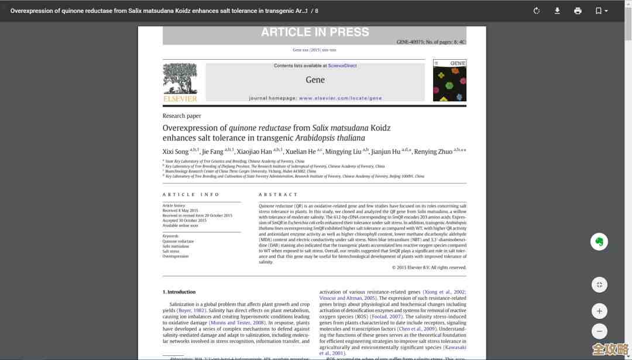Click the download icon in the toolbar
point(557,11)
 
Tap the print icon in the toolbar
point(578,11)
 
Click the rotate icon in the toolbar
point(537,11)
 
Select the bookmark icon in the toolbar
point(601,11)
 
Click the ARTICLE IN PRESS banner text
point(315,32)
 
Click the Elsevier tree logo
point(180,80)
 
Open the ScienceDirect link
point(342,66)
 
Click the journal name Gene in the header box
point(315,80)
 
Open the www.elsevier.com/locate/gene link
point(340,98)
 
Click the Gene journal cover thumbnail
point(449,80)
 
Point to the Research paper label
point(181,116)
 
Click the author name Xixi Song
point(176,152)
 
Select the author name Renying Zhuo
point(433,152)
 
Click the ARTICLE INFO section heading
point(191,194)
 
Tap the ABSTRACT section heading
point(278,194)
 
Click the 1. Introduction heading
point(179,292)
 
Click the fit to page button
point(599,285)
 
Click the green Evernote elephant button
point(599,242)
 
